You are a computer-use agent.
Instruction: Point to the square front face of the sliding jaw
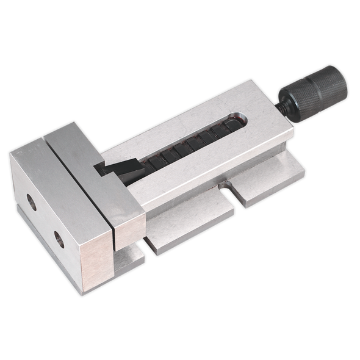pos(129,225)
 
